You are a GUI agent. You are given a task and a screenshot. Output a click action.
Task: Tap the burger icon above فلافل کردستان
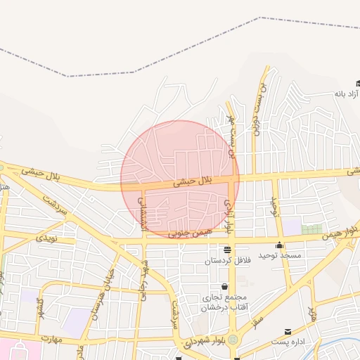click(x=226, y=250)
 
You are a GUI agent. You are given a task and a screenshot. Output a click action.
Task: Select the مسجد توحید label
click(x=279, y=255)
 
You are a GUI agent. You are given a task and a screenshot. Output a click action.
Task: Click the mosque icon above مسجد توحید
click(x=280, y=245)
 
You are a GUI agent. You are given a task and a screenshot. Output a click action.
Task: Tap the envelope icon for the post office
click(x=288, y=332)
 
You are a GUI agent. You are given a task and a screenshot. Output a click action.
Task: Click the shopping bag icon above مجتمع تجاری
click(x=224, y=287)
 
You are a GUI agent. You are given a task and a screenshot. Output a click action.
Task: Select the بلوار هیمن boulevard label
click(x=340, y=232)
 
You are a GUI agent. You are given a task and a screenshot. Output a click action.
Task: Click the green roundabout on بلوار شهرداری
click(x=233, y=339)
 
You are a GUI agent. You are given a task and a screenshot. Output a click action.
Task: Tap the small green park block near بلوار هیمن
click(x=311, y=229)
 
